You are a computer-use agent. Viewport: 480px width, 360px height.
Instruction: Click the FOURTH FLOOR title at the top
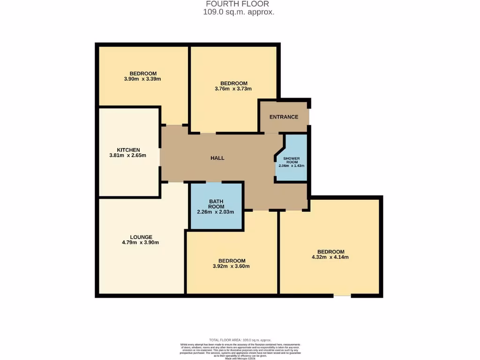coord(238,4)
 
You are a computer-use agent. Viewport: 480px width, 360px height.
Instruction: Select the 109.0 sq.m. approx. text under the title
coord(238,13)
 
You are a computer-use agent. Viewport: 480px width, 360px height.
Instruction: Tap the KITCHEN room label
coord(128,150)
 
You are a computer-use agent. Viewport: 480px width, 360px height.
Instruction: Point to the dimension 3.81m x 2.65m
coord(128,156)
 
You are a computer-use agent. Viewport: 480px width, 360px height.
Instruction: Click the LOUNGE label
coord(141,237)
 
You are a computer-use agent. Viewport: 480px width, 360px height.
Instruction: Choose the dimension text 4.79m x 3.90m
coord(141,243)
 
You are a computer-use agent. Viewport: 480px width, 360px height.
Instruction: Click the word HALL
coord(217,158)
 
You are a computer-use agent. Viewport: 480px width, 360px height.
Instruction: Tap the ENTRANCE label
coord(284,117)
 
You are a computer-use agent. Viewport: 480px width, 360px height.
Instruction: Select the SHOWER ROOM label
coord(291,160)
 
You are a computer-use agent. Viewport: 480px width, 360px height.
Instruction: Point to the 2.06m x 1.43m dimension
coord(291,166)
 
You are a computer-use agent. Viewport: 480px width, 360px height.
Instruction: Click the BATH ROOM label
coord(216,204)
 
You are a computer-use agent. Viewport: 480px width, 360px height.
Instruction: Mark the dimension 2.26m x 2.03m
coord(215,212)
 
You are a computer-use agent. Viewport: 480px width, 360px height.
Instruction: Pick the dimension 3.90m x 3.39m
coord(142,79)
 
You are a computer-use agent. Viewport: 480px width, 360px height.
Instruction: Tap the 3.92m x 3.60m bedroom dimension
coord(231,266)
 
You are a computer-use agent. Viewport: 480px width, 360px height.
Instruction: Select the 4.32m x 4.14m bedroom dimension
coord(330,257)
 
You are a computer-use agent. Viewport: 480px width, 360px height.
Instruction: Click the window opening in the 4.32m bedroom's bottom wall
coord(342,295)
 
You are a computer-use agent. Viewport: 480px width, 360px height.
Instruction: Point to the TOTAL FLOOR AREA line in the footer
coord(240,340)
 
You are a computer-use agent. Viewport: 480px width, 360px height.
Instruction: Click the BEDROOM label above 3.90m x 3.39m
coord(143,74)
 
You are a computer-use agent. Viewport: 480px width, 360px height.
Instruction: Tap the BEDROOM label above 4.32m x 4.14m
coord(330,252)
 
